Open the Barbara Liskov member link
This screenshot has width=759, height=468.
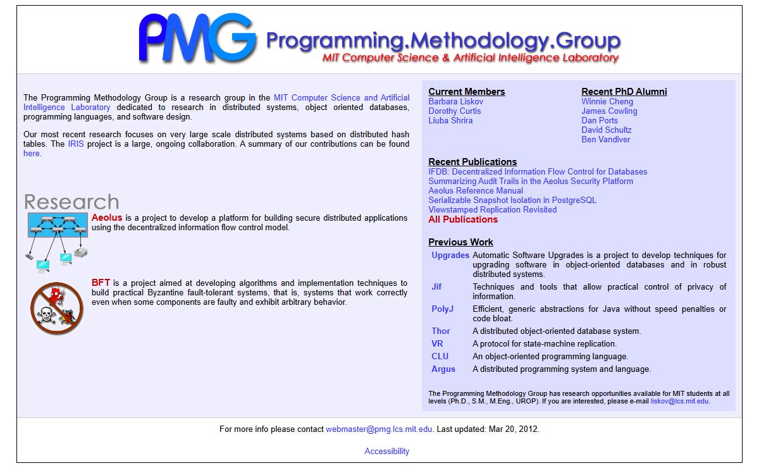(x=455, y=102)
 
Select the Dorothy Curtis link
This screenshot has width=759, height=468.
(x=454, y=111)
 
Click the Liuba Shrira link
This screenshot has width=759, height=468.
(x=450, y=121)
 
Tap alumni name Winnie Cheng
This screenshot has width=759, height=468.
(x=607, y=102)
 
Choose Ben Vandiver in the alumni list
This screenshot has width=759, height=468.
(x=605, y=140)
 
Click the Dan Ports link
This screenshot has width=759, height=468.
(x=600, y=121)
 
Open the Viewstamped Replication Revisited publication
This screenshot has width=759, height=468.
(x=492, y=210)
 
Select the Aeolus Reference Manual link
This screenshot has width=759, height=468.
(x=475, y=191)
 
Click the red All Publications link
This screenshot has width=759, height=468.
(x=462, y=220)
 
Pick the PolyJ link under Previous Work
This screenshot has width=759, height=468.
(x=442, y=309)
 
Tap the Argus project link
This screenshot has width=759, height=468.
(x=443, y=369)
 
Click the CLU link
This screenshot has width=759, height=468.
(x=440, y=357)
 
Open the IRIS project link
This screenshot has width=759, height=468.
(x=75, y=144)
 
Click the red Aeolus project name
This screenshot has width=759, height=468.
(x=107, y=218)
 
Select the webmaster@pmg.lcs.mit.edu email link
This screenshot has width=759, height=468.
(x=379, y=429)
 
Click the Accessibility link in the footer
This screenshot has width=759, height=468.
(x=386, y=452)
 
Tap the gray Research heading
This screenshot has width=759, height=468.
(x=71, y=202)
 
